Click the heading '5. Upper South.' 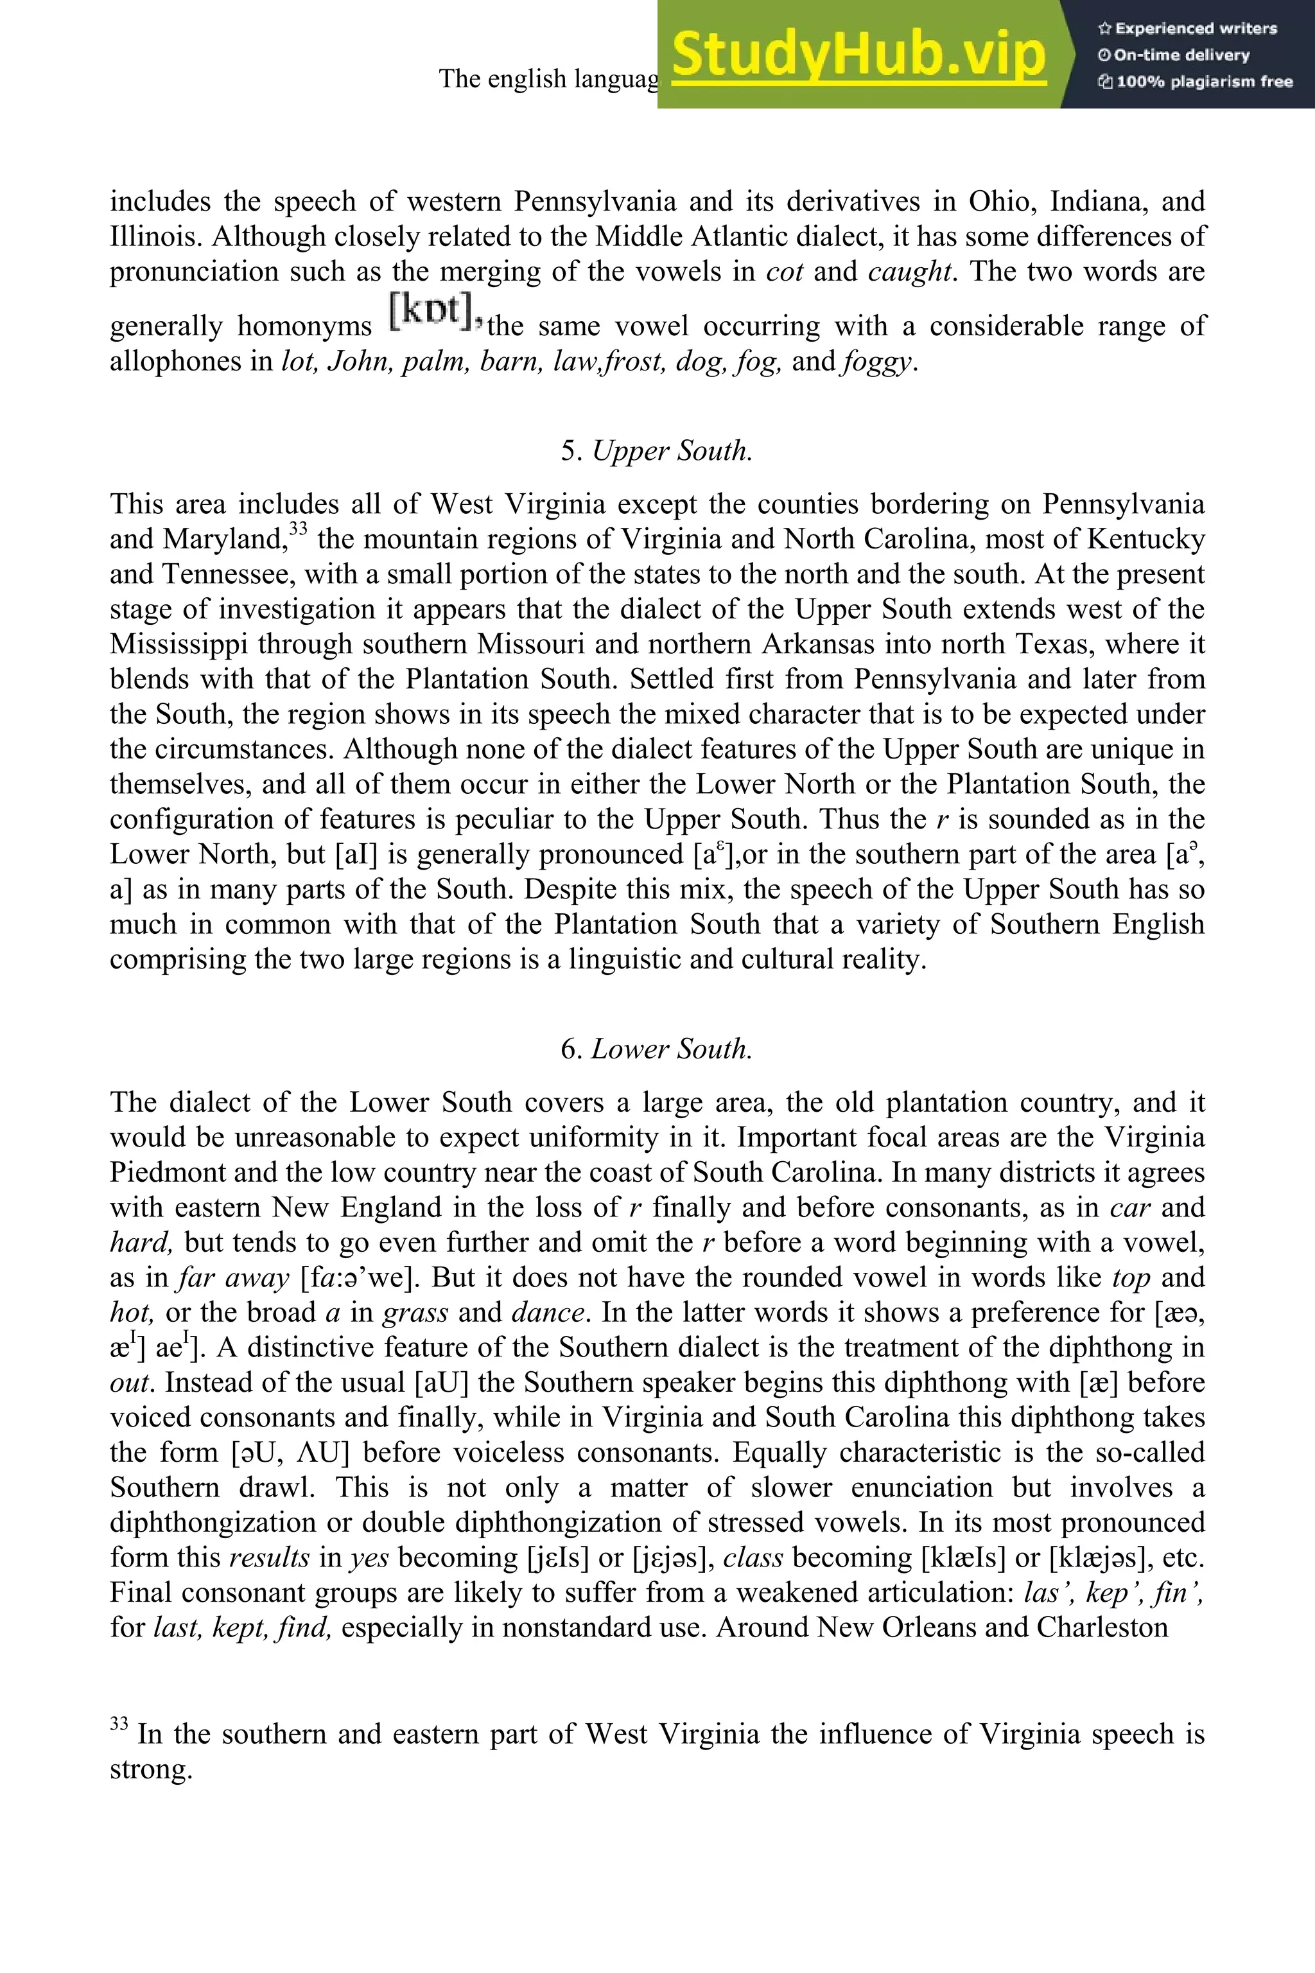click(657, 452)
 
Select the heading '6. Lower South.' click(657, 1049)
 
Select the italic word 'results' click(269, 1557)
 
